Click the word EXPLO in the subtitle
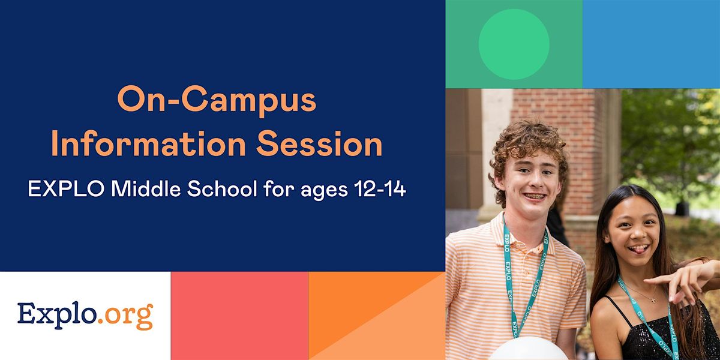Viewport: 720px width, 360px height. click(58, 190)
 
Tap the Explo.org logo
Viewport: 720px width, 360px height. click(85, 316)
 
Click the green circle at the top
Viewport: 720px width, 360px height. click(514, 44)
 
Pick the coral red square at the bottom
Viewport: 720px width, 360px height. click(239, 316)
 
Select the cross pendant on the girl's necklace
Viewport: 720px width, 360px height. click(652, 299)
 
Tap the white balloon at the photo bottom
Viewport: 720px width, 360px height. click(528, 349)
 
